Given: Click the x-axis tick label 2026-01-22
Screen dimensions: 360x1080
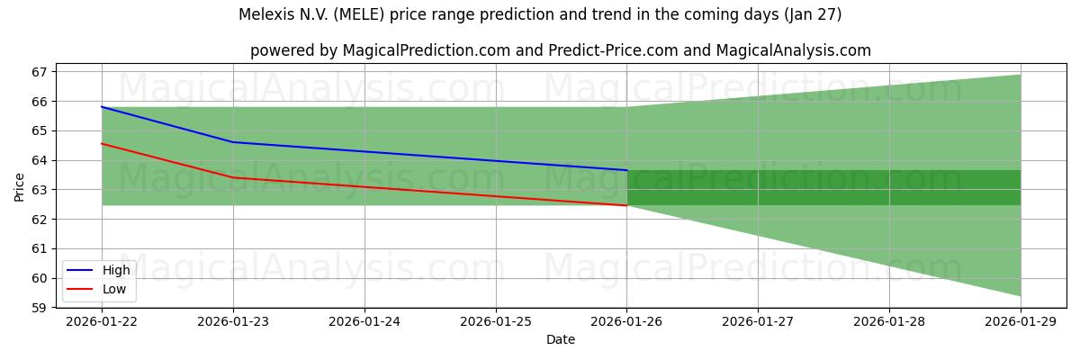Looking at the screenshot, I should point(102,321).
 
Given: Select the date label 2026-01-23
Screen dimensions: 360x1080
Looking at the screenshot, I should point(233,321).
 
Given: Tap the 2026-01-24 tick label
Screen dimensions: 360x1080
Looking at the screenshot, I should point(364,321).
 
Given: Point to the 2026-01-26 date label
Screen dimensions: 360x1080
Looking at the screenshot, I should point(626,321).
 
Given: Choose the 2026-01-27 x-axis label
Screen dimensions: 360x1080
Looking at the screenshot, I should point(758,321).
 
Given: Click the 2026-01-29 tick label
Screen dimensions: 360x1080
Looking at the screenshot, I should point(1020,321).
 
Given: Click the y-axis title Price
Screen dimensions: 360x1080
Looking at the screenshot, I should point(20,186).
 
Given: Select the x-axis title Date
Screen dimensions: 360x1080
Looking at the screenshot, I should point(561,339).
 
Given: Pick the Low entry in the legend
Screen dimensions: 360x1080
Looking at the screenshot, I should point(113,290).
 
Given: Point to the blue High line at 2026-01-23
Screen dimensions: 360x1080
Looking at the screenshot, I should point(233,142).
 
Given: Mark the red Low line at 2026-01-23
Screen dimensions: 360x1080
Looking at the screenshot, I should point(233,177).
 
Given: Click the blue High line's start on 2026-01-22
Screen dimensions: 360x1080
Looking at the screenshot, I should point(102,107).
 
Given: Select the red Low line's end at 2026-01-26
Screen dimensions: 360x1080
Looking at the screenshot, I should point(626,205).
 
